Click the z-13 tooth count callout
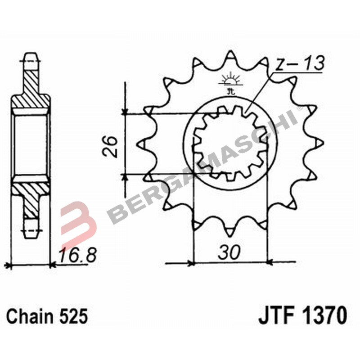click(299, 64)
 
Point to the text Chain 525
click(47, 316)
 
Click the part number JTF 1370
click(302, 315)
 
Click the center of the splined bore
click(230, 143)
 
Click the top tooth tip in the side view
click(31, 56)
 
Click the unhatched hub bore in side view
click(31, 144)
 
